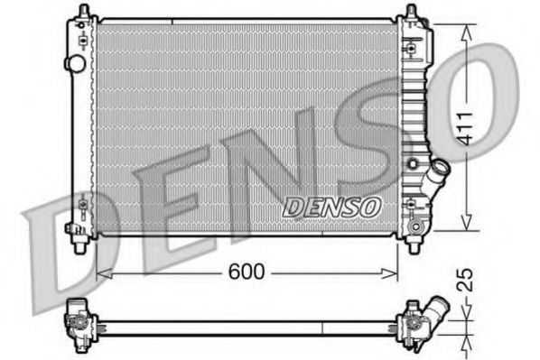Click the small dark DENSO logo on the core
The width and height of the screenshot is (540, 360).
pos(331,207)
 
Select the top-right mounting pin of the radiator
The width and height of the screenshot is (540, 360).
pos(411,13)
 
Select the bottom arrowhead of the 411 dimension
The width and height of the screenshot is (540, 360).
pos(466,226)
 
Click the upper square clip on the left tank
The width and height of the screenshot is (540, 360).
pos(84,42)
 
